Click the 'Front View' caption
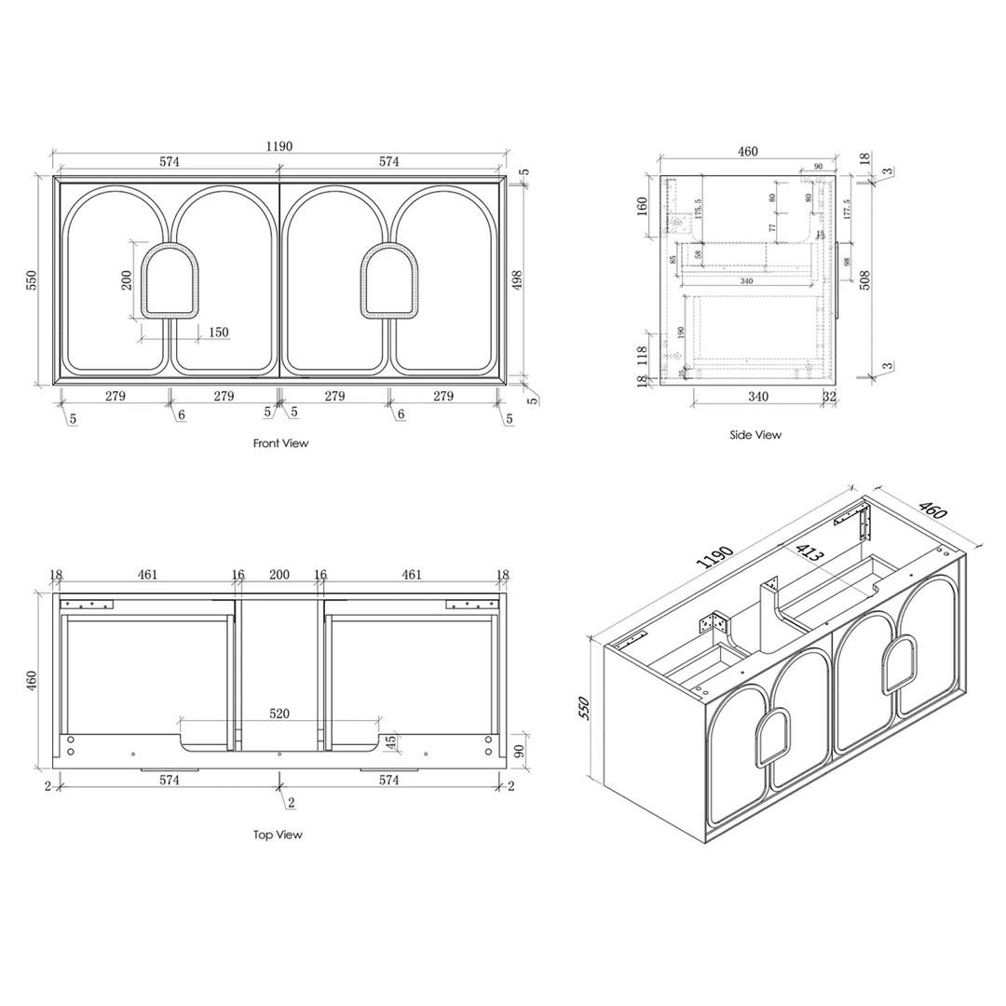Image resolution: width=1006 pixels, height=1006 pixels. [280, 443]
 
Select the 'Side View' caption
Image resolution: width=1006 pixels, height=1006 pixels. [755, 435]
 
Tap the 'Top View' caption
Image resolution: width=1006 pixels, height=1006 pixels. [278, 835]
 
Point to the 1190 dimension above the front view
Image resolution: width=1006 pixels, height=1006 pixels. [279, 146]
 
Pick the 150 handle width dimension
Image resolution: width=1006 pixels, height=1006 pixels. [218, 332]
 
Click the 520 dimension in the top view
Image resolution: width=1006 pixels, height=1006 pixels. [279, 714]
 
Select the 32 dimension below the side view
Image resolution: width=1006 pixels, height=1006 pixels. [830, 396]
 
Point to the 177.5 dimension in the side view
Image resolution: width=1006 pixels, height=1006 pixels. [847, 210]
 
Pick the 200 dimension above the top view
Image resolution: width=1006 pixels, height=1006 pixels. [279, 576]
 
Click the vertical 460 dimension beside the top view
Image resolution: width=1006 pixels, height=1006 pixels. [33, 681]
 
